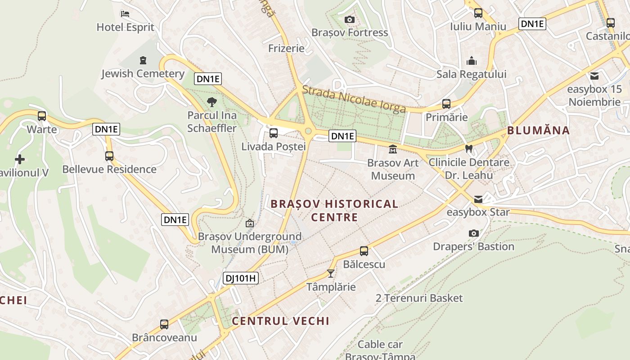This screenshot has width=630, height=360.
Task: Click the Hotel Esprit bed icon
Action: pyautogui.click(x=125, y=14)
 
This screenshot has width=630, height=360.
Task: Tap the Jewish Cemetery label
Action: pyautogui.click(x=143, y=74)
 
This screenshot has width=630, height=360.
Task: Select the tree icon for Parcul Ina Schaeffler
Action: pyautogui.click(x=211, y=102)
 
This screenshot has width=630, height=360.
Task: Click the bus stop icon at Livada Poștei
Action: pyautogui.click(x=273, y=133)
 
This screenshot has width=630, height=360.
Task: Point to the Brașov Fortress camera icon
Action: pyautogui.click(x=349, y=19)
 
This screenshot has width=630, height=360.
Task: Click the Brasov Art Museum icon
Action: pyautogui.click(x=393, y=149)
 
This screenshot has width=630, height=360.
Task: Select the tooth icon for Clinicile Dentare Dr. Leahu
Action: pyautogui.click(x=468, y=148)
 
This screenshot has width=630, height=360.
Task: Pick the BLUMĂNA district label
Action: pyautogui.click(x=538, y=130)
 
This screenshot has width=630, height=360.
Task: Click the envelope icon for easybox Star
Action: pyautogui.click(x=478, y=199)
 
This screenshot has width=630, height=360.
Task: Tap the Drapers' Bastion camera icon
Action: pyautogui.click(x=473, y=233)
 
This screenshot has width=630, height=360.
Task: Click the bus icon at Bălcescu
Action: pyautogui.click(x=364, y=251)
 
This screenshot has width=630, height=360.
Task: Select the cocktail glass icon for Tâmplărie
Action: pyautogui.click(x=331, y=273)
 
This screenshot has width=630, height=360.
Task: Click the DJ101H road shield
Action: pyautogui.click(x=241, y=278)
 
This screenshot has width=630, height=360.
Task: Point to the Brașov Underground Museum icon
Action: pyautogui.click(x=250, y=223)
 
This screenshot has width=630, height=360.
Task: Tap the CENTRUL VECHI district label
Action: pyautogui.click(x=280, y=321)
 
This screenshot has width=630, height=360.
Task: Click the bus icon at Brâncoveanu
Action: pyautogui.click(x=164, y=324)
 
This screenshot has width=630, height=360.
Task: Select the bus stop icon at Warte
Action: pyautogui.click(x=42, y=116)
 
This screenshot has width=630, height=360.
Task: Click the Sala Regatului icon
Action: pyautogui.click(x=472, y=60)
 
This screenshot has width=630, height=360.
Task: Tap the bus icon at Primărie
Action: pyautogui.click(x=446, y=104)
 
